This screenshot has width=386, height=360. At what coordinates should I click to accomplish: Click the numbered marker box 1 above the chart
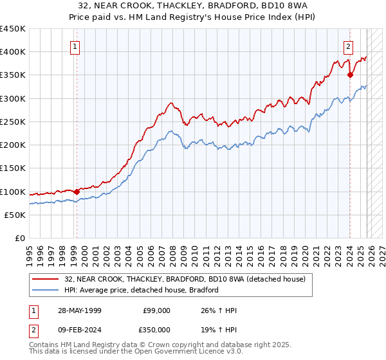pyautogui.click(x=75, y=46)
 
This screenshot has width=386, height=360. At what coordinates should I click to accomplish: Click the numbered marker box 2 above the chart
pyautogui.click(x=348, y=46)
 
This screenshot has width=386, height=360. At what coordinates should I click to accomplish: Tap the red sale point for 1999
pyautogui.click(x=77, y=192)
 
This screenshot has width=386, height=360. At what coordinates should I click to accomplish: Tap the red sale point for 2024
pyautogui.click(x=350, y=75)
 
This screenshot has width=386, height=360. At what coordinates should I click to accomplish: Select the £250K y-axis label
pyautogui.click(x=13, y=122)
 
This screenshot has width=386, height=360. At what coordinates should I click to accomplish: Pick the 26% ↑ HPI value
pyautogui.click(x=219, y=310)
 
